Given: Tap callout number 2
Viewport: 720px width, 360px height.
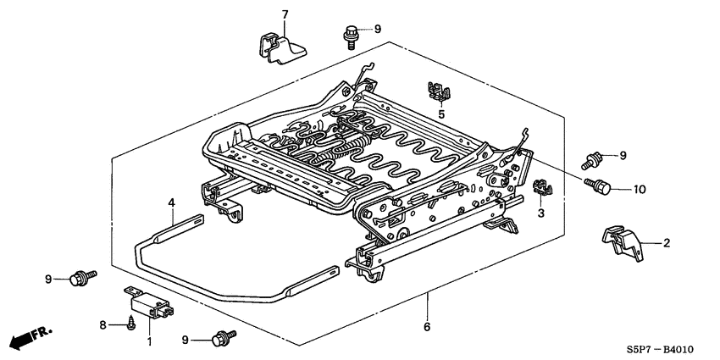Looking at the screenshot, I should click(666, 244).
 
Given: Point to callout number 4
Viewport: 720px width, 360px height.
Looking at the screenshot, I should click(171, 202).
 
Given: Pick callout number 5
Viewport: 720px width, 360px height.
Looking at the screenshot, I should click(440, 114).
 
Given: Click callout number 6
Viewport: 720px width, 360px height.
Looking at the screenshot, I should click(426, 327).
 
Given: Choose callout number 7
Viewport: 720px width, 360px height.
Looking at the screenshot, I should click(285, 14).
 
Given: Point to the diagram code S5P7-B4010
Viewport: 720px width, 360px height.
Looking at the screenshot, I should click(668, 348).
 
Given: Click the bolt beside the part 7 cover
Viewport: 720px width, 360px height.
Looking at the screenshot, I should click(351, 35).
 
